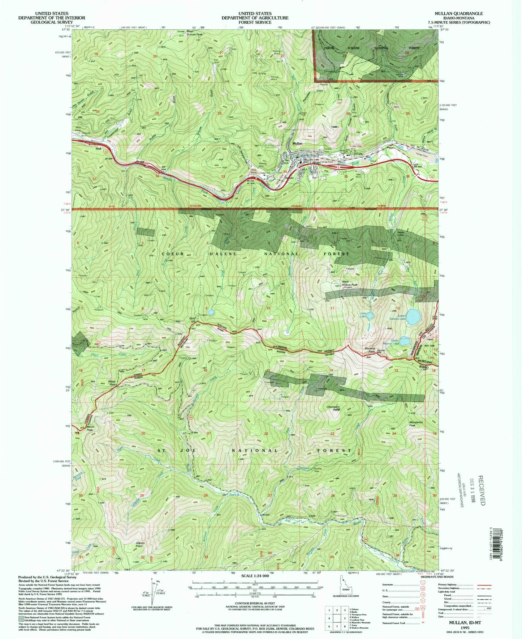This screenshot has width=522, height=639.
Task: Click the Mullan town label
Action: pos(297,144)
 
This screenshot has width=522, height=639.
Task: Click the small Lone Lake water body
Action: pos(370,316)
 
